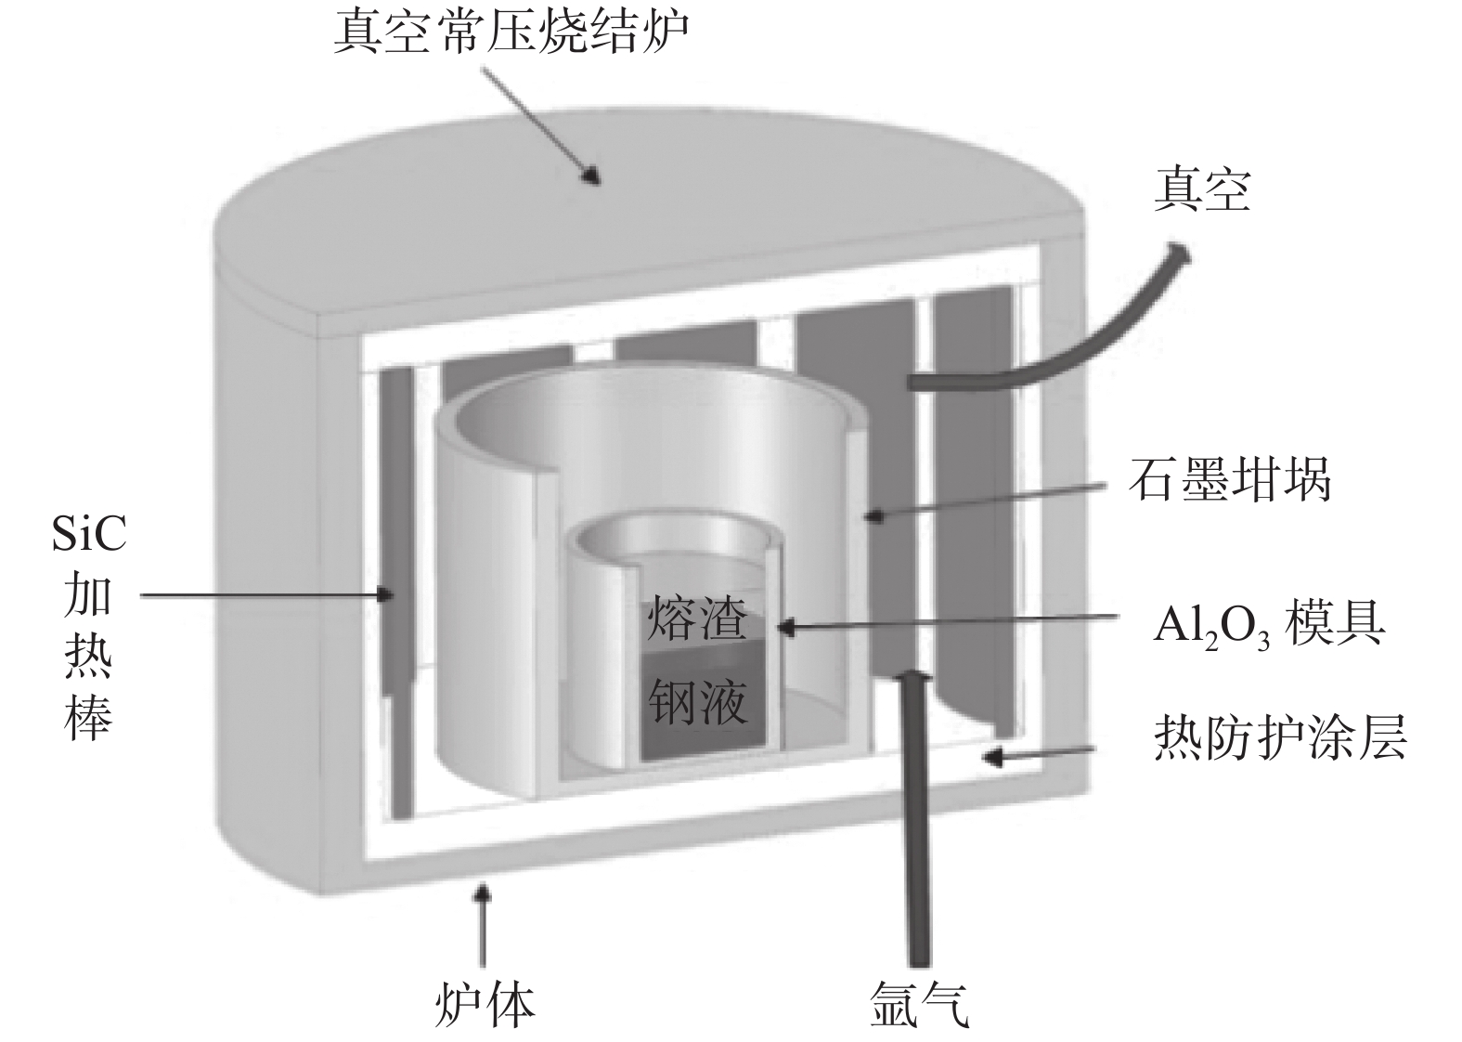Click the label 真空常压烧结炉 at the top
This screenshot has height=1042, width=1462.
point(511,33)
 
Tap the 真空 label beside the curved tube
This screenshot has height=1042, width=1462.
point(1201,189)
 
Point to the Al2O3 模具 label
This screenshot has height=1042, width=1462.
point(1268,624)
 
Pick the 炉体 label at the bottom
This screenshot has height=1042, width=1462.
point(485,1004)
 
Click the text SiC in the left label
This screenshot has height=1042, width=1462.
point(89,537)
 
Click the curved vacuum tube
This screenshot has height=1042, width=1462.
point(1049,344)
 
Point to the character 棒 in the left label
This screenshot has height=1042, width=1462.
point(89,716)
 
